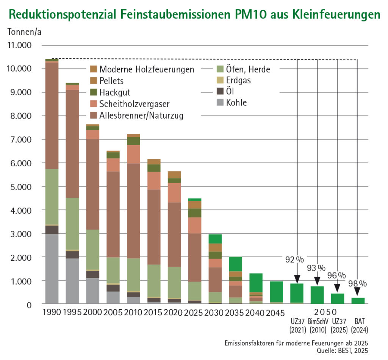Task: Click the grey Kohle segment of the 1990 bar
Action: (52, 269)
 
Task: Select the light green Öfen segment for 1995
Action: (72, 224)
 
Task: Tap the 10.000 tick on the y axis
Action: (23, 69)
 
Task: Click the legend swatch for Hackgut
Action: (94, 92)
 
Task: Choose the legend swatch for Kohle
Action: (220, 103)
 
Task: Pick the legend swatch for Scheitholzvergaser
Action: (94, 103)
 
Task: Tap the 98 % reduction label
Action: (357, 283)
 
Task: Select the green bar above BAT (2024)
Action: (358, 301)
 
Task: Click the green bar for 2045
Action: (276, 292)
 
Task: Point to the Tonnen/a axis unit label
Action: (24, 32)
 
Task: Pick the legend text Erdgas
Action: (238, 80)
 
